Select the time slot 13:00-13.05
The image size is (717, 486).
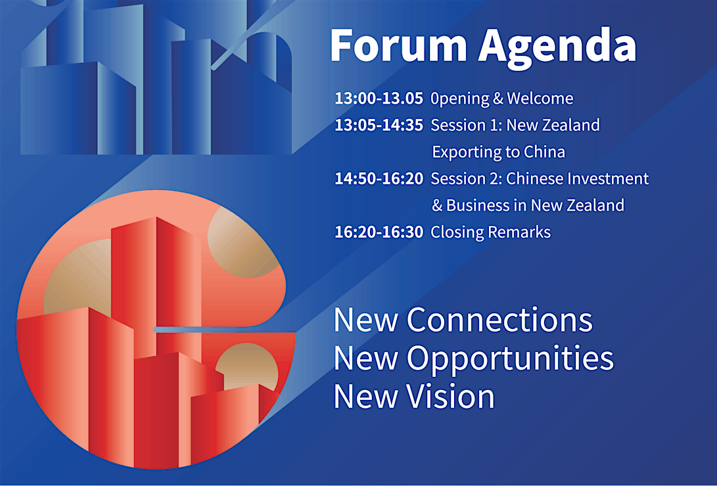pyautogui.click(x=379, y=99)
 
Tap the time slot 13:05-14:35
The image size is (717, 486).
pyautogui.click(x=379, y=125)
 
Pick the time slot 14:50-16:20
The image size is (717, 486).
pyautogui.click(x=379, y=179)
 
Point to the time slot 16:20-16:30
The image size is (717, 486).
pyautogui.click(x=379, y=232)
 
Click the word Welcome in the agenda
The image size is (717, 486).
pyautogui.click(x=540, y=99)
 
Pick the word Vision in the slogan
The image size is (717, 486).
pyautogui.click(x=451, y=396)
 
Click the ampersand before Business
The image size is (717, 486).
pyautogui.click(x=437, y=206)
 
